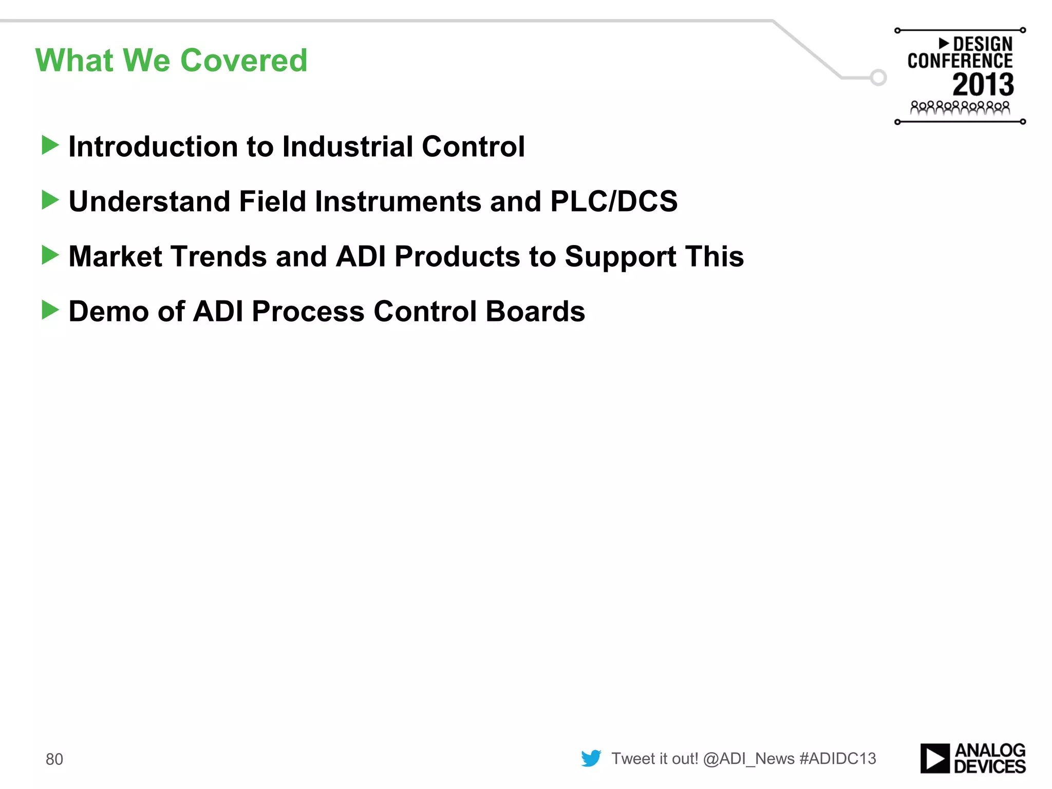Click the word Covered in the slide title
pos(243,61)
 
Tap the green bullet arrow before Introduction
pos(50,145)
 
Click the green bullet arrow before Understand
pos(50,200)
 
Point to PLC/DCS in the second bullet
pos(613,201)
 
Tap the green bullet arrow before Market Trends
pos(50,255)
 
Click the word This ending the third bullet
pos(714,256)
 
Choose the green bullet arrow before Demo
pos(50,310)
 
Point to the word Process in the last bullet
pos(308,311)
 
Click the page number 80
pos(54,759)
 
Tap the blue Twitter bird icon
pos(591,758)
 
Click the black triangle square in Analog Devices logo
pos(934,758)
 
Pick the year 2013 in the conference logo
pos(983,85)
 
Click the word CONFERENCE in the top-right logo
pos(960,61)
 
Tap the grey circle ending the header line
pos(878,78)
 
